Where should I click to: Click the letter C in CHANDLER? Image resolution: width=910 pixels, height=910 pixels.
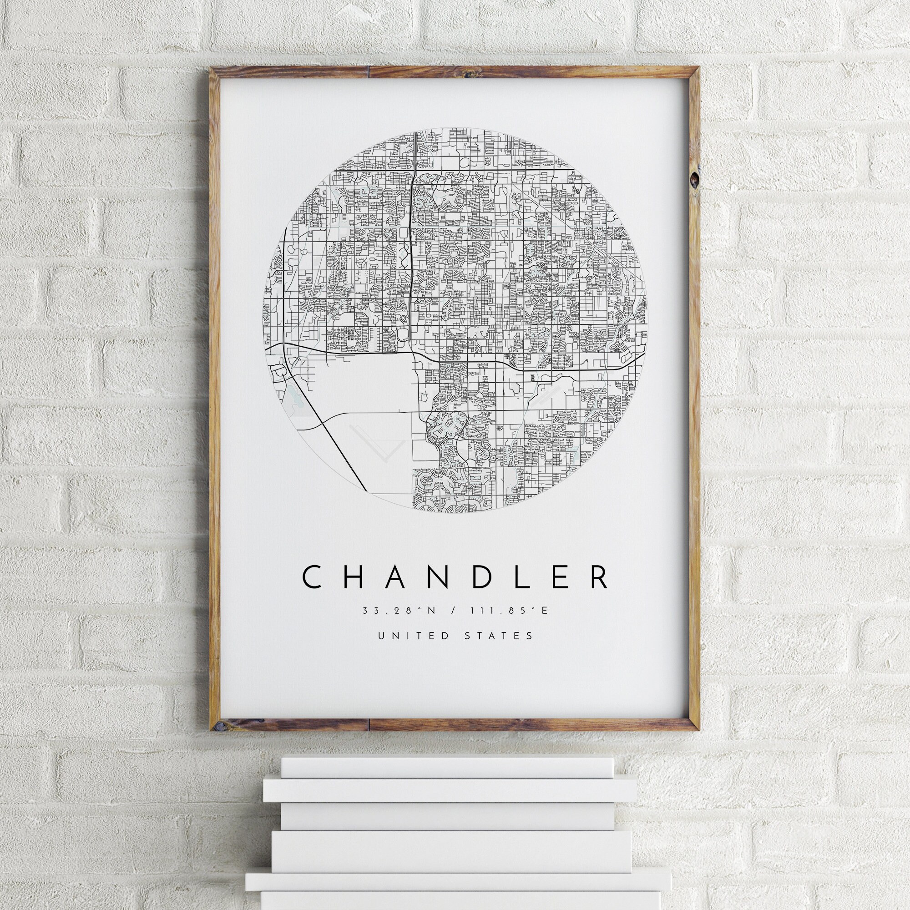(x=312, y=578)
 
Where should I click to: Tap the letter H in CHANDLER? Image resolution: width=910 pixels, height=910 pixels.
(x=357, y=578)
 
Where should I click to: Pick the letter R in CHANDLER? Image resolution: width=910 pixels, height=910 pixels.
(x=600, y=578)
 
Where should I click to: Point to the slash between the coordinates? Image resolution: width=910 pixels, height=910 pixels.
(x=453, y=611)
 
